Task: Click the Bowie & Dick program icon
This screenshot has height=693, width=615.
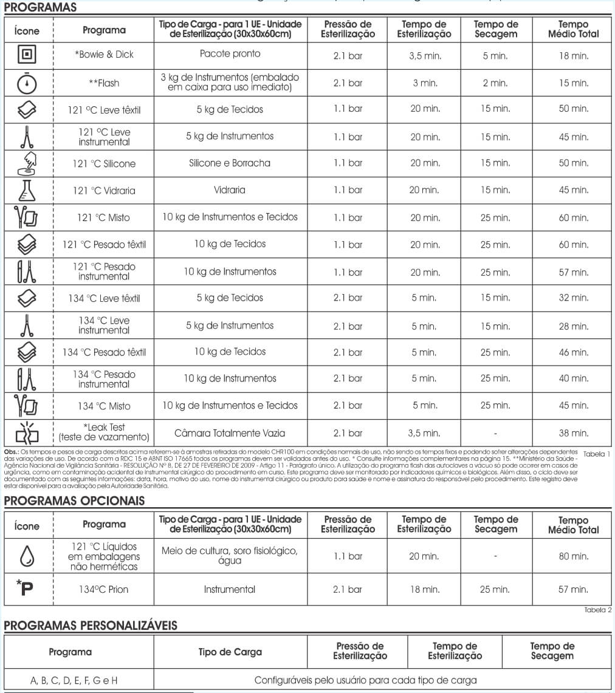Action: tap(27, 55)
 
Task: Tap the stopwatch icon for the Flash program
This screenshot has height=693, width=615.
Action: tap(27, 83)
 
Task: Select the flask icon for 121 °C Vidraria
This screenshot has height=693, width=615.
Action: tap(27, 191)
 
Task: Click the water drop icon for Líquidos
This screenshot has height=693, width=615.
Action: tap(27, 556)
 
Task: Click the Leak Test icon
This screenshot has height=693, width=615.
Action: tap(27, 432)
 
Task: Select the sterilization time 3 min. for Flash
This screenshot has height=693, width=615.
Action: tap(424, 83)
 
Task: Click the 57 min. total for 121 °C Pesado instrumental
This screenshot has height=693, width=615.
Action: tap(573, 272)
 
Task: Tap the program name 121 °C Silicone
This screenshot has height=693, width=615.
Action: tap(104, 163)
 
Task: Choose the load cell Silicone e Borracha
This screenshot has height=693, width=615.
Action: tap(230, 163)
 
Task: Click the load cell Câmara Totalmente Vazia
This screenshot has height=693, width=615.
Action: tap(230, 433)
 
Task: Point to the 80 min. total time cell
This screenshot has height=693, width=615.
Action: tap(573, 556)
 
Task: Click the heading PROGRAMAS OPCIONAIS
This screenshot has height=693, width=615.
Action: tap(75, 501)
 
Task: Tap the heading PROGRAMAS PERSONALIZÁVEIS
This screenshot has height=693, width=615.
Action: tap(91, 625)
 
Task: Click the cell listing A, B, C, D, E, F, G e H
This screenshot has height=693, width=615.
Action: tap(74, 681)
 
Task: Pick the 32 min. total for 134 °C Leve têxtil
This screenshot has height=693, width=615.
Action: tap(573, 298)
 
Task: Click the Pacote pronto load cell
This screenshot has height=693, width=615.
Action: tap(230, 54)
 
